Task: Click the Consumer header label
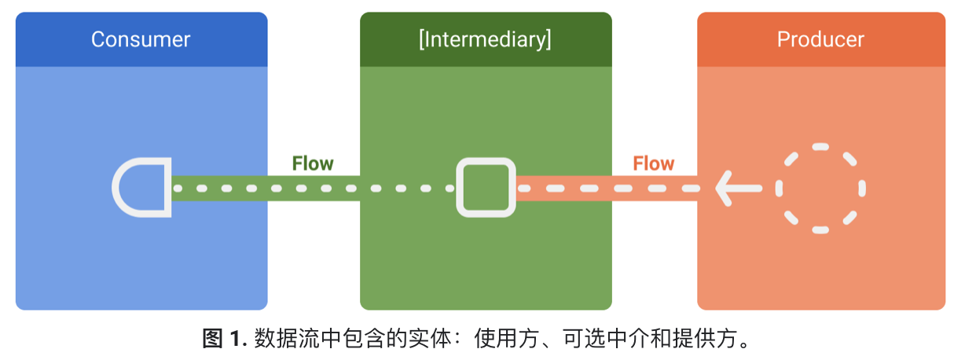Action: click(141, 39)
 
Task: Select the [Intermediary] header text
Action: click(485, 39)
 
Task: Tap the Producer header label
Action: click(820, 39)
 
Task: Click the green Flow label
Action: click(313, 163)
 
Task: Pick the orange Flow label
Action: click(654, 163)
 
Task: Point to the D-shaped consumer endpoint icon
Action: click(142, 188)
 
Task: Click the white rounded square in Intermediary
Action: click(486, 188)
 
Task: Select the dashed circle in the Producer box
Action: click(820, 188)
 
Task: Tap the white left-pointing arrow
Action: click(737, 188)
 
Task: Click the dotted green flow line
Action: click(314, 189)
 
